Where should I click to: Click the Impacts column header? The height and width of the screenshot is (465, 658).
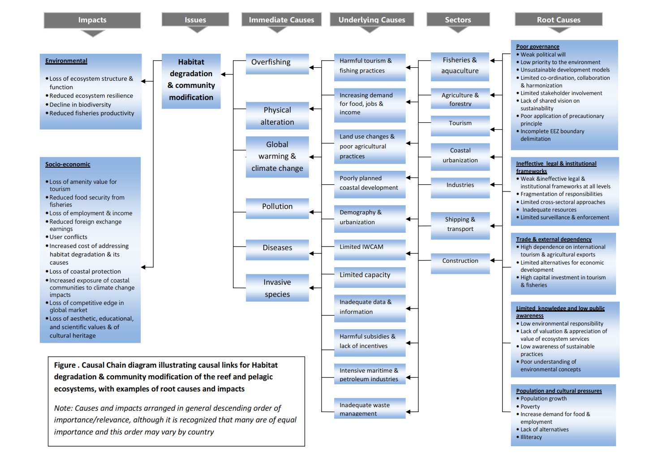click(92, 20)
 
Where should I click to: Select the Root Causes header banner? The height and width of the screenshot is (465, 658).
click(559, 20)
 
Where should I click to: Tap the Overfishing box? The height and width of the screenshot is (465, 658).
click(277, 63)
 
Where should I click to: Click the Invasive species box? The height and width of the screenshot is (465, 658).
click(277, 288)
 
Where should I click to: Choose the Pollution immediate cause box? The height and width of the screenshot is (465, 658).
click(277, 207)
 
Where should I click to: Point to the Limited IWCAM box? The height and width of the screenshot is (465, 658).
click(370, 248)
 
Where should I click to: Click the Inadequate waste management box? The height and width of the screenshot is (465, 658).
click(370, 409)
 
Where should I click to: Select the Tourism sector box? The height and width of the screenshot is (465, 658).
click(460, 124)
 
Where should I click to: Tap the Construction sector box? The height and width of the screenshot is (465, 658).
click(460, 262)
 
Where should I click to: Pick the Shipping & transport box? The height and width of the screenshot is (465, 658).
click(460, 225)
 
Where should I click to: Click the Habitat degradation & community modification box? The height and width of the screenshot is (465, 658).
click(191, 80)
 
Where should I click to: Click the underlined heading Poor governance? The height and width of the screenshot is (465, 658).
click(538, 47)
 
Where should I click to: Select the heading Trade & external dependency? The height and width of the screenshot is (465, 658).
click(554, 239)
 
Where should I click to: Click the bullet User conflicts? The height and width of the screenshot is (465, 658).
click(68, 237)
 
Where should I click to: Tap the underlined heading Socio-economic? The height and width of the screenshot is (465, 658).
click(68, 165)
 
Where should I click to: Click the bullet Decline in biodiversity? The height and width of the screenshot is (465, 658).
click(80, 105)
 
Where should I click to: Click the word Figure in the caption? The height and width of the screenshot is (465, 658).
click(65, 365)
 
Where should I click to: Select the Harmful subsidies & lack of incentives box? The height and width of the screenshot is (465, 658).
click(370, 342)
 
